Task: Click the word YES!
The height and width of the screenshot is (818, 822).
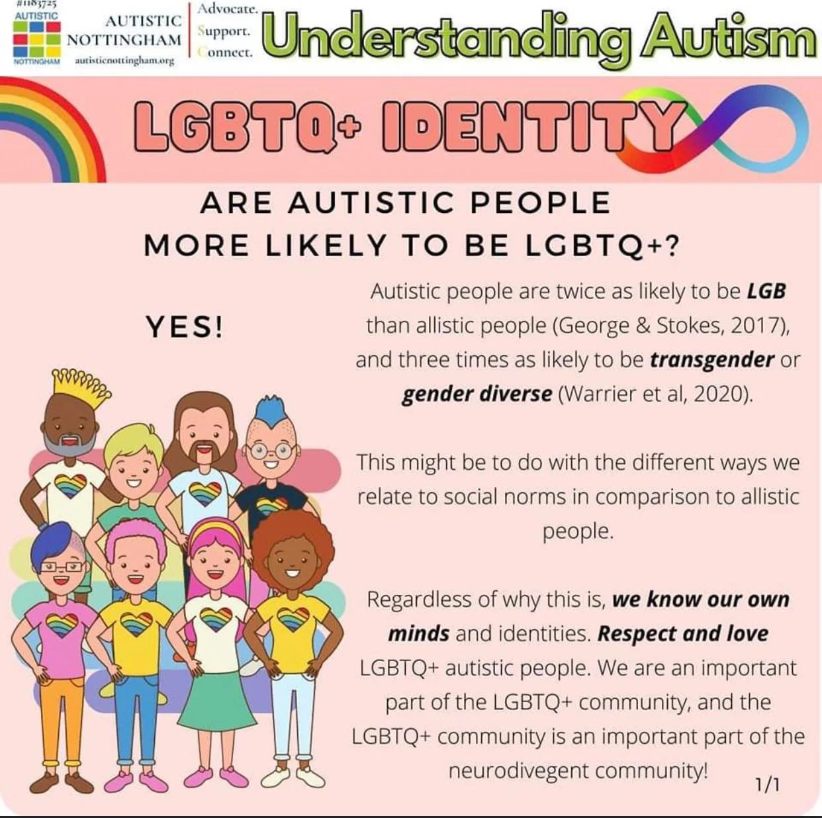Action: click(184, 327)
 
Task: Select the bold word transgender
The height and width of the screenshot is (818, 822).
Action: click(711, 360)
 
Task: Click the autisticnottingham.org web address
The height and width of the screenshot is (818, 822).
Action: click(124, 61)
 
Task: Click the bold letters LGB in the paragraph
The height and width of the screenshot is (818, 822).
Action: click(766, 291)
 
